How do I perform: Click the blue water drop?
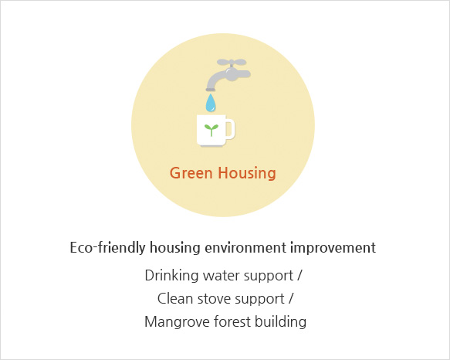211,103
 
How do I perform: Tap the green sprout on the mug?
211,130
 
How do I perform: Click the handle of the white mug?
230,129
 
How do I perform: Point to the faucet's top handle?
232,62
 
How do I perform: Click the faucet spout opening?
211,90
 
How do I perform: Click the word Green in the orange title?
191,173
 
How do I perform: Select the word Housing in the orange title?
247,173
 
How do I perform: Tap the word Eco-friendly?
107,247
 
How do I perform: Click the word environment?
245,248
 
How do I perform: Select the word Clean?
175,298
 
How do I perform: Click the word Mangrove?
177,322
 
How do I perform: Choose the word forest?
232,321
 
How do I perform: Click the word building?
280,322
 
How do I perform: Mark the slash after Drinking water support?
299,275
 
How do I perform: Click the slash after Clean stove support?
291,298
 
